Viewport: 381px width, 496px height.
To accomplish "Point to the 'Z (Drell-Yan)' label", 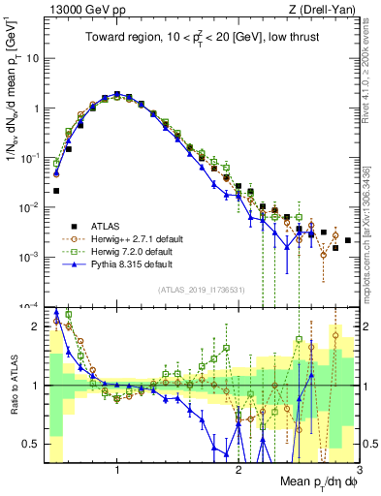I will click(x=325, y=9).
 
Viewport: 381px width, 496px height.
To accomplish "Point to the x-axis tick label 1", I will click(x=117, y=470).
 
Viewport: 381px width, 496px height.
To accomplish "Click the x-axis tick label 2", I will click(x=238, y=470).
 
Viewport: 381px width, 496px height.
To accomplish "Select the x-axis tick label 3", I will click(x=358, y=470).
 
